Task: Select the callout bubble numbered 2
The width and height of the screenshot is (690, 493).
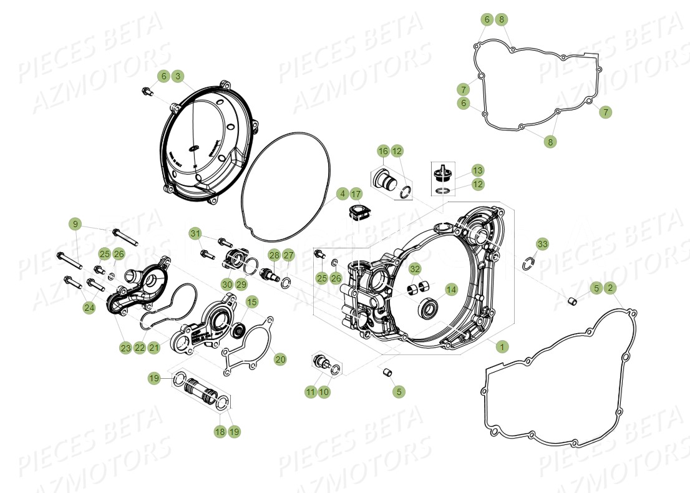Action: point(611,288)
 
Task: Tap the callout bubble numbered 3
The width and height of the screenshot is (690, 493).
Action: point(178,76)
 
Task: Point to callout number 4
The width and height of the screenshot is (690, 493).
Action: point(342,193)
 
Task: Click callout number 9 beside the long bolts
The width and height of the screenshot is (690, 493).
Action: point(75,224)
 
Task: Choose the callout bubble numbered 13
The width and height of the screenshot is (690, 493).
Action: point(477,170)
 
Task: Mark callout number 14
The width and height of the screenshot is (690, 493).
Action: point(450,289)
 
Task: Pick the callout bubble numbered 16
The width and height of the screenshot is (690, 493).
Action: point(383,150)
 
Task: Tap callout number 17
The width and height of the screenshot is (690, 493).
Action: point(356,193)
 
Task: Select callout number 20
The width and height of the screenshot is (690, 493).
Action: point(280,359)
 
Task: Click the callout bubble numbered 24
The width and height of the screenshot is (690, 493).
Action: point(89,307)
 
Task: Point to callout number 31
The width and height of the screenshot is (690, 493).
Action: point(196,233)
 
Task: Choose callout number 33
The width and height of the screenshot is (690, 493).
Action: point(542,243)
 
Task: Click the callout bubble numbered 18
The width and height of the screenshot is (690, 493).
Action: point(220,431)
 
